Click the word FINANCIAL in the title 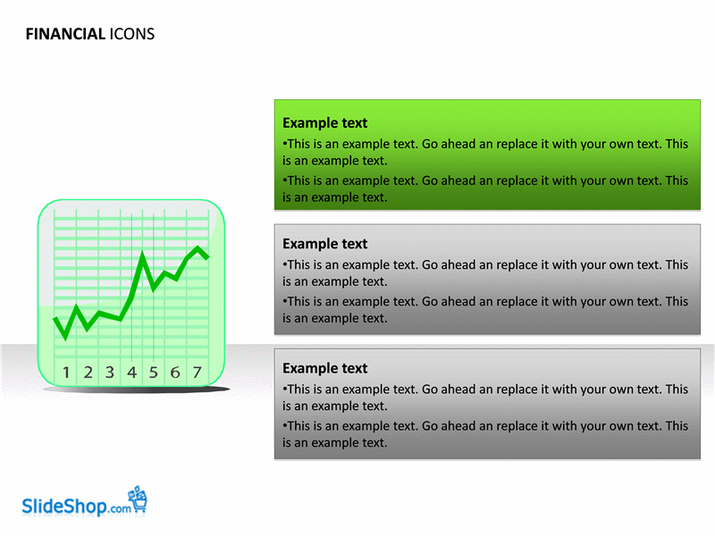tap(65, 34)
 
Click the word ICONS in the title tap(131, 34)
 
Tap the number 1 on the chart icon tap(66, 373)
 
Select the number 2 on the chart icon tap(88, 373)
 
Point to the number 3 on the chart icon tap(110, 373)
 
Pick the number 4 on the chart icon tap(131, 373)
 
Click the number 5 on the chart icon tap(154, 373)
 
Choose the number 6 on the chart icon tap(175, 373)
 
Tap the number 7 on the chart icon tap(197, 373)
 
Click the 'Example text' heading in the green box tap(324, 123)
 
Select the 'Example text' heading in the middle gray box tap(324, 244)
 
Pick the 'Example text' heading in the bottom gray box tap(324, 368)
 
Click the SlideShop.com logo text tap(77, 506)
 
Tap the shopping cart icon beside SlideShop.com tap(138, 499)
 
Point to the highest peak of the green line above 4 tap(143, 253)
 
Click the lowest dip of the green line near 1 tap(65, 338)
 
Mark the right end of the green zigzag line tap(208, 256)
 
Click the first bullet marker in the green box tap(284, 144)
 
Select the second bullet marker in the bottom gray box tap(284, 426)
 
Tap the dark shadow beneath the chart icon tap(136, 389)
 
